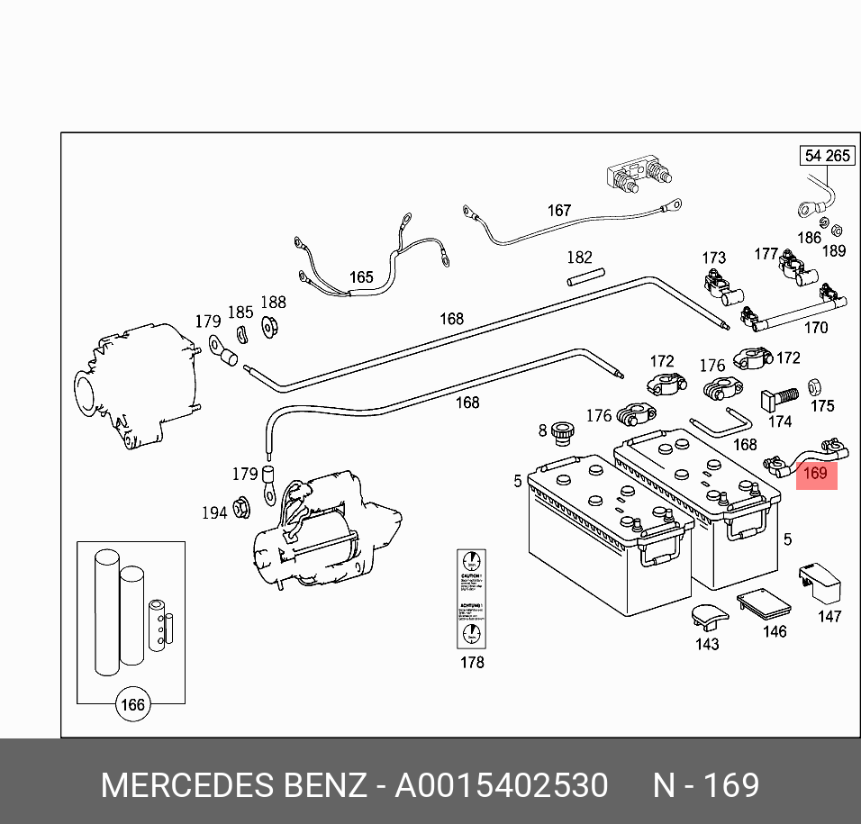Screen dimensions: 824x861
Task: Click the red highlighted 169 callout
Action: tap(816, 473)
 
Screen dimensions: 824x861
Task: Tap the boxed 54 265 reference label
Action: tap(827, 156)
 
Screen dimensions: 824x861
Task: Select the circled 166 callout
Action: tap(132, 704)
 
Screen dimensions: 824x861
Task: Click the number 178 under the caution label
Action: tap(472, 662)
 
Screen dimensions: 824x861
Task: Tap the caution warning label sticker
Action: tap(472, 597)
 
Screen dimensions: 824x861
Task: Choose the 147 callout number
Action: tap(829, 616)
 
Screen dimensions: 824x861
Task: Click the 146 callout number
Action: tap(775, 631)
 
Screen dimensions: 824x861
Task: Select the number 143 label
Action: tap(707, 644)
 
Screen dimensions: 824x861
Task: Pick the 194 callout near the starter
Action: tap(213, 512)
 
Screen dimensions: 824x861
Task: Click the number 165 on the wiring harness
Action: tap(360, 277)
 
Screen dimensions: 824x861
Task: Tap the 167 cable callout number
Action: tap(559, 210)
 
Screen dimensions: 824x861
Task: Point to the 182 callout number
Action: tap(579, 258)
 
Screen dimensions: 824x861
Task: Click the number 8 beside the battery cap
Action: tap(542, 431)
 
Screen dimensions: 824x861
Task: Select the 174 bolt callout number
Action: tap(780, 421)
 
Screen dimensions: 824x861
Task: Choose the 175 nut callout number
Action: tap(822, 406)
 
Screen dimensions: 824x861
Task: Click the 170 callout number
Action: tap(815, 327)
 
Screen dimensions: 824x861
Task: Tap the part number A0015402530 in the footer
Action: tap(502, 785)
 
